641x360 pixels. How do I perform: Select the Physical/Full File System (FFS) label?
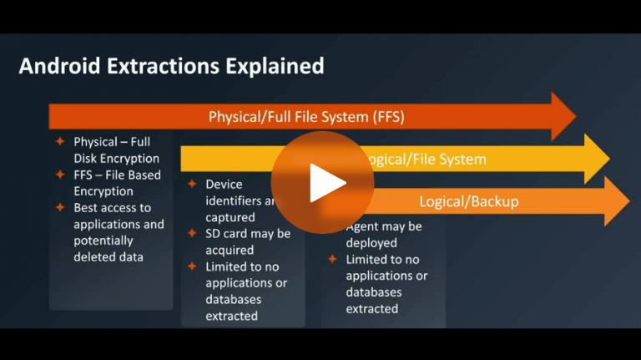(306, 117)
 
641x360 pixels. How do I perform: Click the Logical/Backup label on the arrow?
(468, 201)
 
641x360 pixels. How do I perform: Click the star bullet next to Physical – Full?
(60, 142)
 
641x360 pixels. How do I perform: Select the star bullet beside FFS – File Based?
(60, 175)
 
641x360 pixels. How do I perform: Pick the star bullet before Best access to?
(60, 207)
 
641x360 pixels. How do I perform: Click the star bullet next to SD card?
(192, 233)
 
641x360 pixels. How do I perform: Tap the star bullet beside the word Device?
(192, 184)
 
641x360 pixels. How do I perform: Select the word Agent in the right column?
(363, 226)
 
